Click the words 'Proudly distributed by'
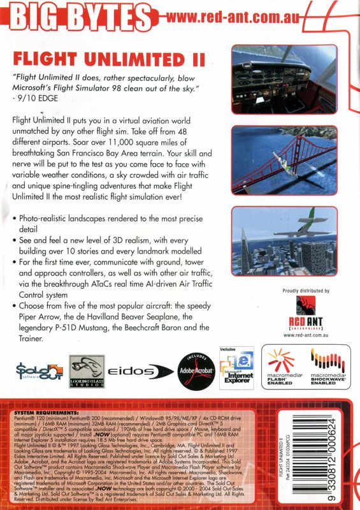click(x=305, y=291)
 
